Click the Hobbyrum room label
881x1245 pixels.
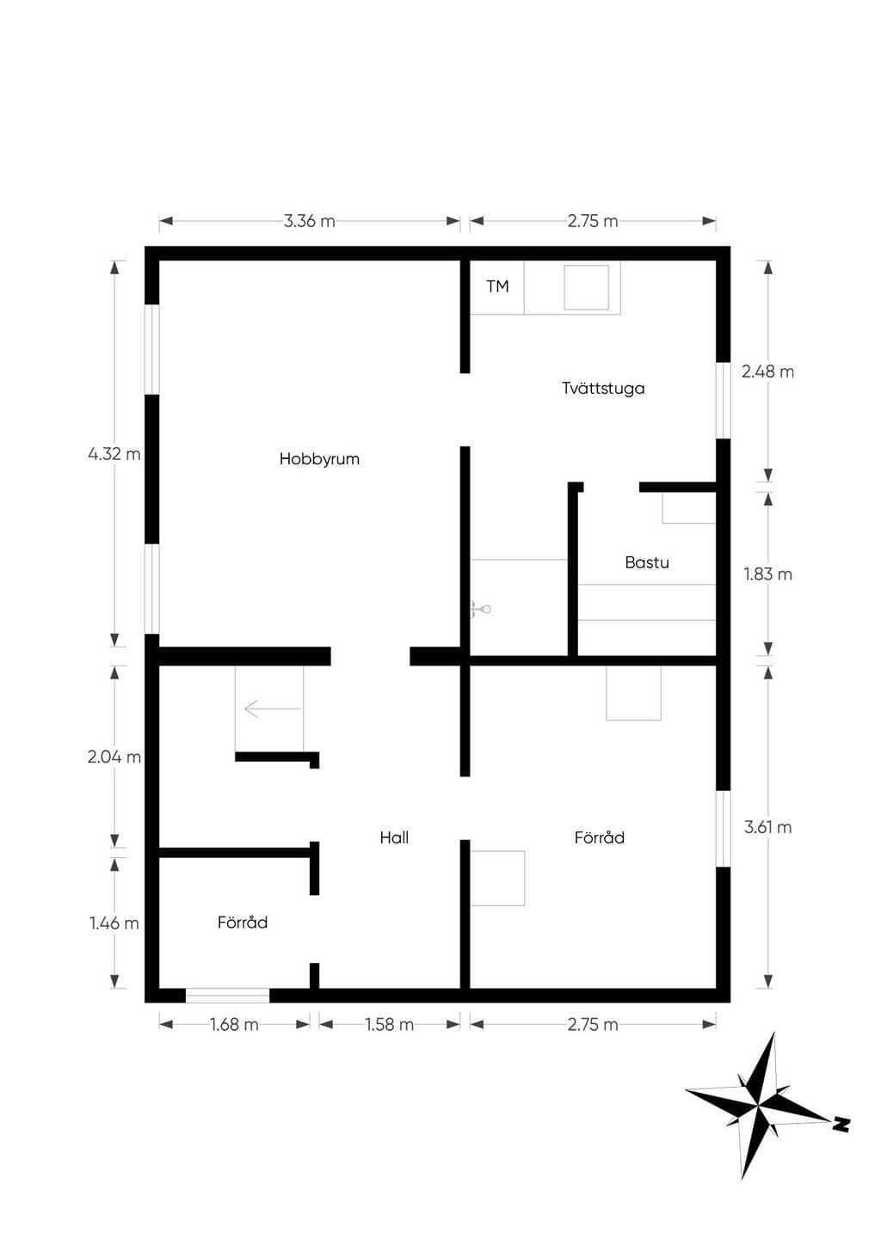pyautogui.click(x=319, y=459)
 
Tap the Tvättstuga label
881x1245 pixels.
pyautogui.click(x=603, y=388)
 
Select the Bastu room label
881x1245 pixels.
pyautogui.click(x=647, y=562)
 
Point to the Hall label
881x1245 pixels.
pyautogui.click(x=394, y=837)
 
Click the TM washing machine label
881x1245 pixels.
pyautogui.click(x=498, y=286)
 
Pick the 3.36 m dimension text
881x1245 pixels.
pyautogui.click(x=309, y=221)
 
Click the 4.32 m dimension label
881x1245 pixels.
pyautogui.click(x=114, y=454)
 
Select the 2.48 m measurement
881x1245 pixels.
pyautogui.click(x=767, y=371)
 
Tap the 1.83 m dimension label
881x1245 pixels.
pyautogui.click(x=767, y=574)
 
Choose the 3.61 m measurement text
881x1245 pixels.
pyautogui.click(x=767, y=827)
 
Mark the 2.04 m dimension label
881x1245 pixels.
pyautogui.click(x=114, y=757)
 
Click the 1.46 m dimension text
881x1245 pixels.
pyautogui.click(x=114, y=923)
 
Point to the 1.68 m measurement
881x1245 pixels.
pyautogui.click(x=234, y=1024)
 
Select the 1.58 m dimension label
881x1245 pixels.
pyautogui.click(x=390, y=1024)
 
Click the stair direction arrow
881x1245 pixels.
pyautogui.click(x=273, y=708)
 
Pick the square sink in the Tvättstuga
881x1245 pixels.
pyautogui.click(x=586, y=287)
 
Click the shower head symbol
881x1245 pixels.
pyautogui.click(x=481, y=610)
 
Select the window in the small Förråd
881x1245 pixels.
pyautogui.click(x=227, y=996)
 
